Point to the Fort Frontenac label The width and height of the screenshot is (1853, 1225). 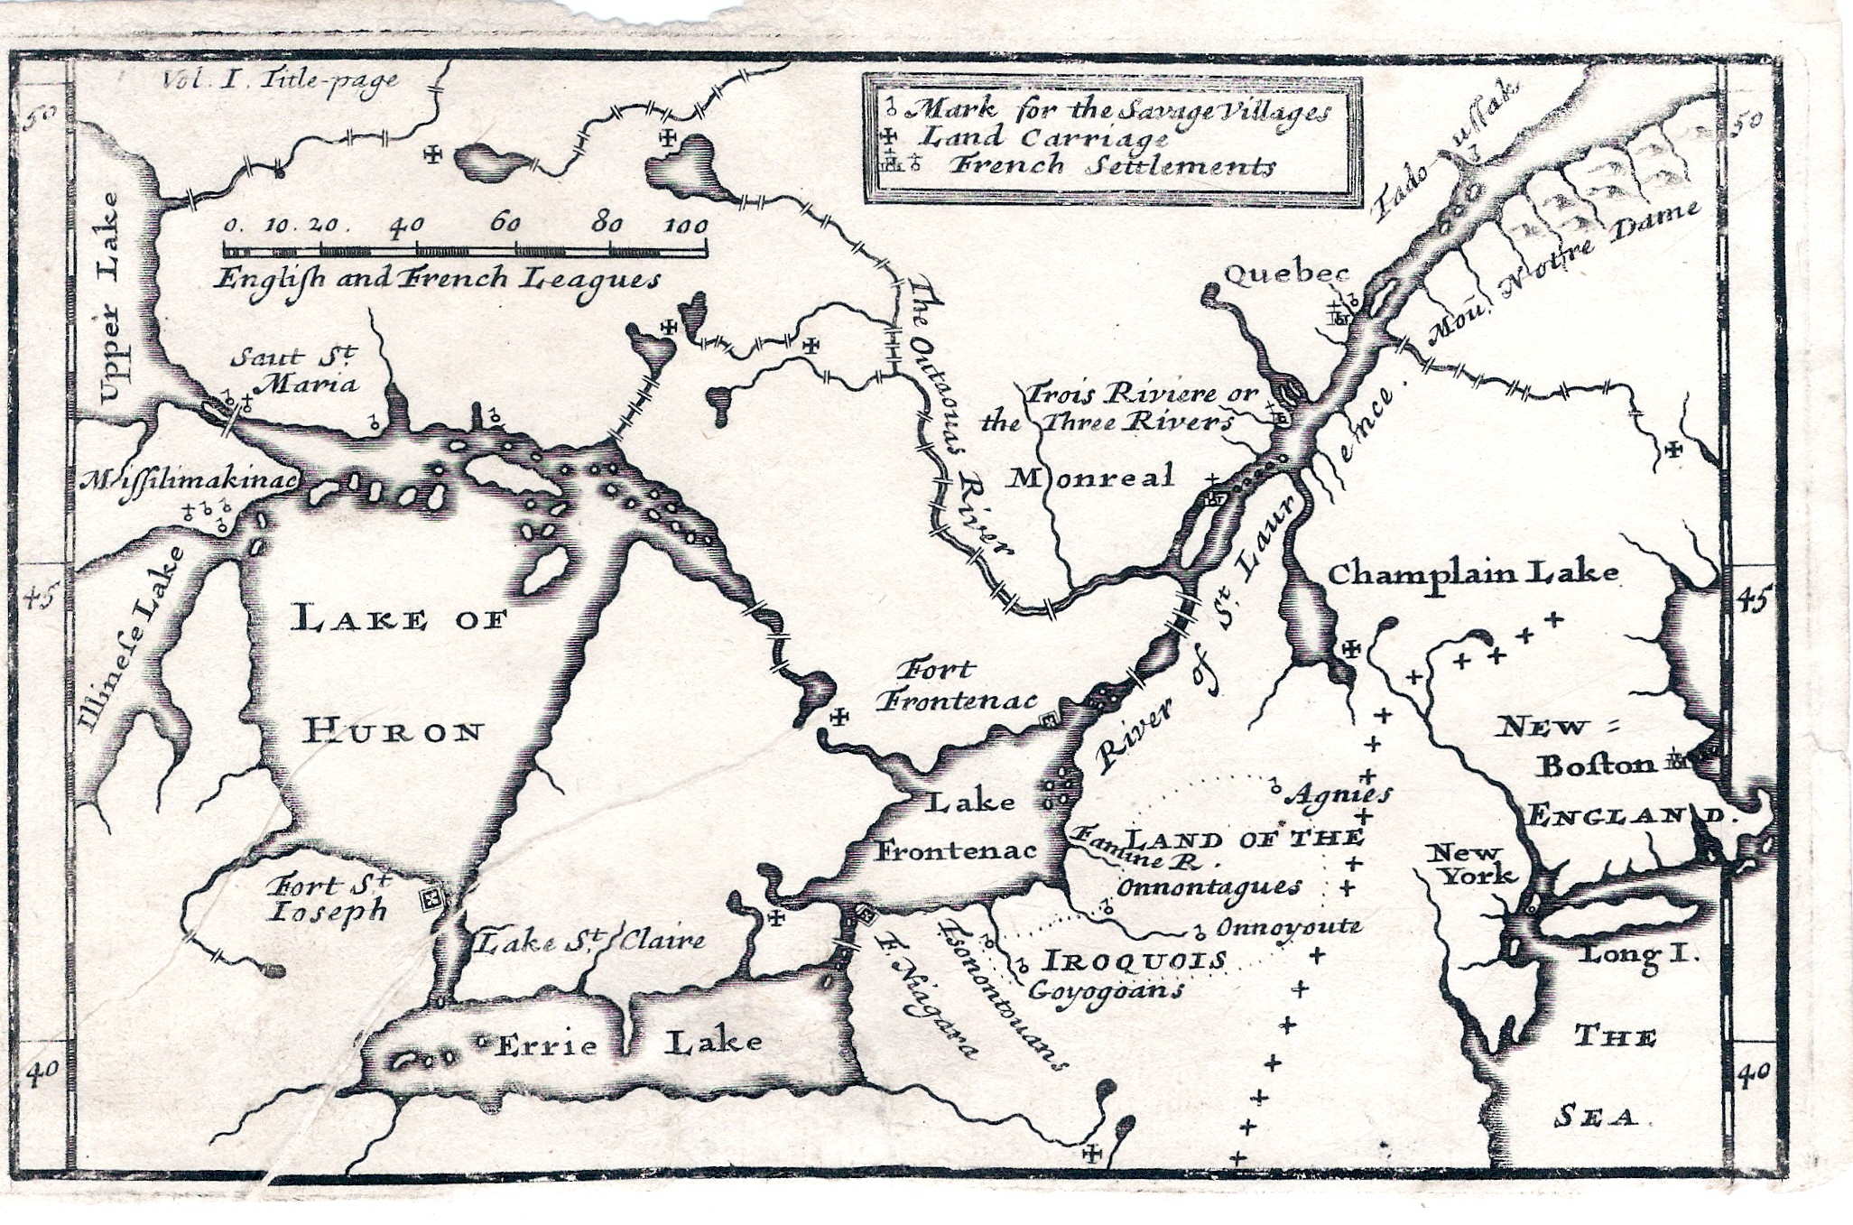(x=957, y=685)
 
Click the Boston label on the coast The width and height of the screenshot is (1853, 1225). (x=1596, y=766)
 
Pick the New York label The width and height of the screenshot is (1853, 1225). (x=1469, y=864)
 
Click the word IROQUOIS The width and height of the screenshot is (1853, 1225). (x=1135, y=960)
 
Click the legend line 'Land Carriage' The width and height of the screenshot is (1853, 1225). (x=1043, y=138)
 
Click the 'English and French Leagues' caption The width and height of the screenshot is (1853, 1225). (x=437, y=279)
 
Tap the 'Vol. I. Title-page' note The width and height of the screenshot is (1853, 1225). (x=281, y=80)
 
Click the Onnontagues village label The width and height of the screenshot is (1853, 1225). (x=1209, y=886)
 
